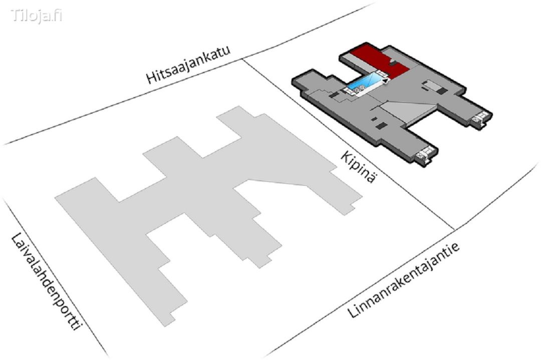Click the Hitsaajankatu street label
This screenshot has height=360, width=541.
(x=188, y=66)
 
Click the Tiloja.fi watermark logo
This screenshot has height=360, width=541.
(x=37, y=16)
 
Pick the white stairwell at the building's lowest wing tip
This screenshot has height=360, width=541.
(x=425, y=154)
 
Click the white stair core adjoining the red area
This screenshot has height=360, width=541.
(x=381, y=73)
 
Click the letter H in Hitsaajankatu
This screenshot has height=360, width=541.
(x=151, y=78)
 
